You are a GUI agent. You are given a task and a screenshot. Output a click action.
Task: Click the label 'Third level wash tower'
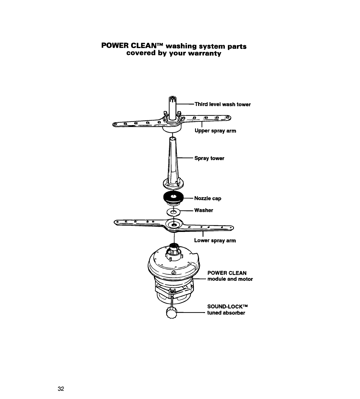223,104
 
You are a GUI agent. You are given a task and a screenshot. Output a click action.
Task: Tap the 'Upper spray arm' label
215,131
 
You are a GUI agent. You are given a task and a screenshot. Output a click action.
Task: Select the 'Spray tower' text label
209,158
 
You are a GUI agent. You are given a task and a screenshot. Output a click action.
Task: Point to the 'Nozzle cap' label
207,198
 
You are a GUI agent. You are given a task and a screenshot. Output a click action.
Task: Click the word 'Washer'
203,210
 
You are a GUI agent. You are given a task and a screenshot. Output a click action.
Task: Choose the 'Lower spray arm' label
215,241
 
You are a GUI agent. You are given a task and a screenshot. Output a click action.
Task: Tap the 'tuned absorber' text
226,313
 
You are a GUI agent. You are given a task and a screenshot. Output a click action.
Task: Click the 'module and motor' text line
230,279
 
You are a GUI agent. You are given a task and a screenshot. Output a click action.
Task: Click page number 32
60,389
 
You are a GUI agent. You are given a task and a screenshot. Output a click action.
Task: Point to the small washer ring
173,212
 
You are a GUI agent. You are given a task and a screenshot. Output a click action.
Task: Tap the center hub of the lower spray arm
174,225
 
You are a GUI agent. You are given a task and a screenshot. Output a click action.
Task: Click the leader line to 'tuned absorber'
191,313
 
